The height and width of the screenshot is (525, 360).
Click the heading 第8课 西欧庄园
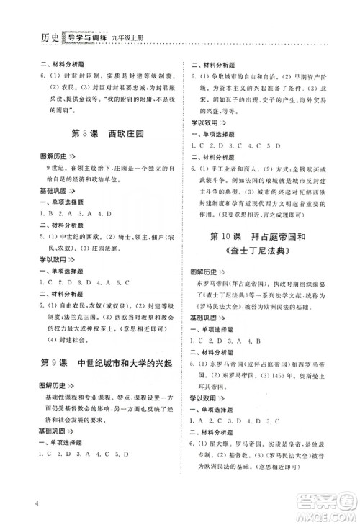click(107, 133)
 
